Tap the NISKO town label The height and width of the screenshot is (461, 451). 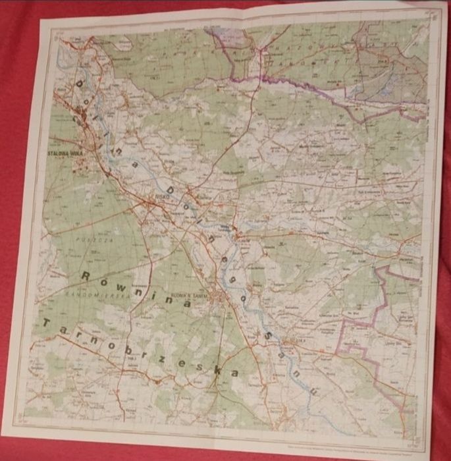point(163,196)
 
